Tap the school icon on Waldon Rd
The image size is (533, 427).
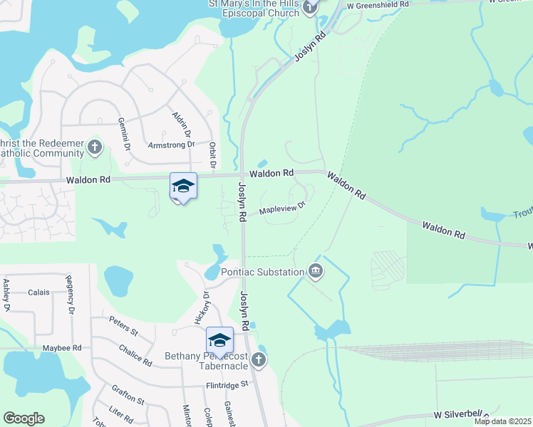[183, 186]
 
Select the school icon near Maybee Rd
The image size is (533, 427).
[219, 339]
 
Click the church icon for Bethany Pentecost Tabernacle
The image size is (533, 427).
[261, 359]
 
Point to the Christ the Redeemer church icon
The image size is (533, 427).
[95, 147]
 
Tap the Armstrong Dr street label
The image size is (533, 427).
[171, 144]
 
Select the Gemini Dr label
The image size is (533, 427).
[124, 134]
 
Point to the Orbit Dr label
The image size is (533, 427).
[212, 154]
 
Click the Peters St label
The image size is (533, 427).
[123, 327]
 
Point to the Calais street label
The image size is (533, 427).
[38, 292]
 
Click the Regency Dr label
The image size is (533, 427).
[70, 294]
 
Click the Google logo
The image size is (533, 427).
[24, 418]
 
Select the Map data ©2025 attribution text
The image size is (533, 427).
[502, 421]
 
